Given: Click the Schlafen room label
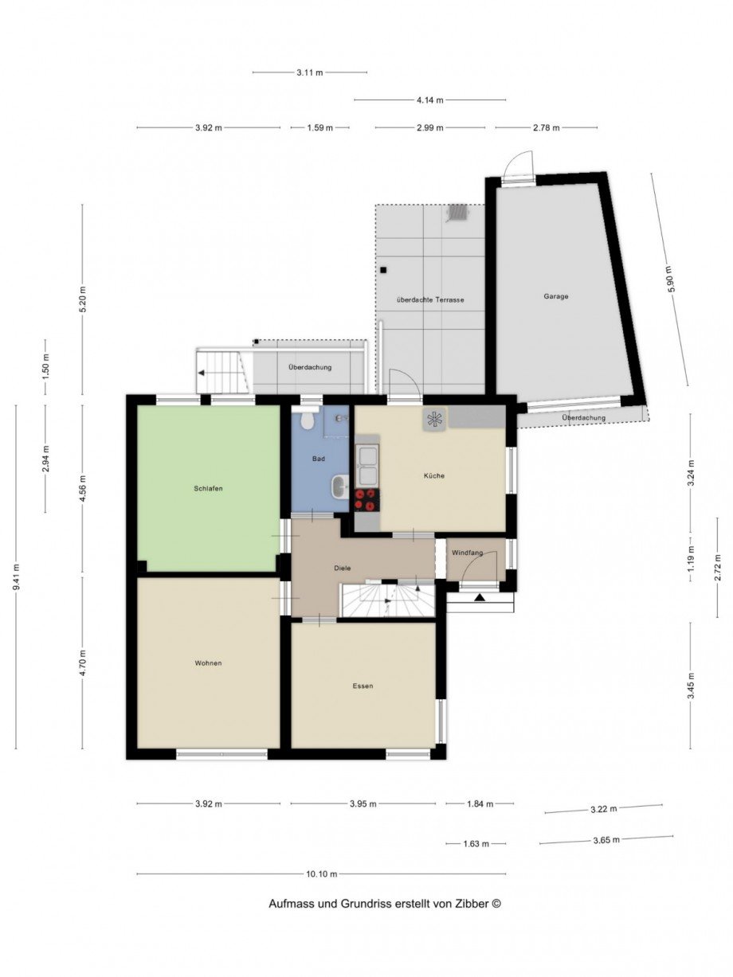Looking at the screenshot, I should click(x=208, y=488).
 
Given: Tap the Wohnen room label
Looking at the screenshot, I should click(x=208, y=662).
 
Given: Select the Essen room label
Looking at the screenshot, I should click(x=363, y=686).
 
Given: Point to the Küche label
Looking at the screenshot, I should click(x=434, y=475).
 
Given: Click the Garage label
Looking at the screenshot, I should click(x=556, y=296).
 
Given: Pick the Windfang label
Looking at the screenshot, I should click(x=467, y=553).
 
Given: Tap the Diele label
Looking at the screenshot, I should click(x=343, y=568).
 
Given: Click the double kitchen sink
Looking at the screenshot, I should click(x=367, y=466).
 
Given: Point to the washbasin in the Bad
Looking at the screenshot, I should click(x=339, y=486).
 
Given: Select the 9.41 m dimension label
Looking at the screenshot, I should click(x=17, y=577).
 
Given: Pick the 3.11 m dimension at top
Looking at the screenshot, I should click(x=310, y=72).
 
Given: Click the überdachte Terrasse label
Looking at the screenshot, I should click(x=430, y=299).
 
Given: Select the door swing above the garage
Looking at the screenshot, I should click(x=518, y=166).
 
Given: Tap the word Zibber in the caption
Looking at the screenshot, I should click(x=471, y=904).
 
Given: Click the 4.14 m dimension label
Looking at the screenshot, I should click(x=429, y=100).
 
